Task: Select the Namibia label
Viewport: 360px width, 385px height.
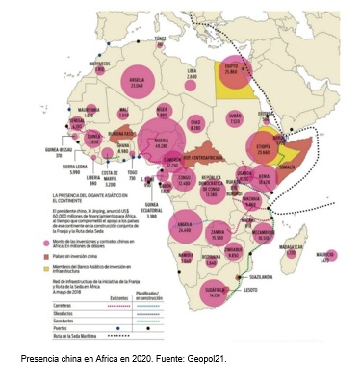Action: click(186, 253)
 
